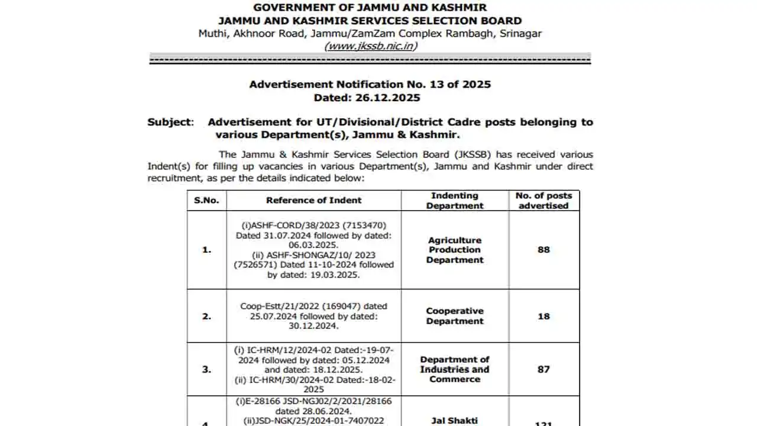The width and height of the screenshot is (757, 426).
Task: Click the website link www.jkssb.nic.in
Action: pos(370,46)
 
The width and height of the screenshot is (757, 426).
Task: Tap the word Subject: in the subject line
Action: pos(170,122)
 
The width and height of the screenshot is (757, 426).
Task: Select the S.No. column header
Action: pos(206,200)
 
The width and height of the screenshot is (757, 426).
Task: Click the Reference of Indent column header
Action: pos(313,200)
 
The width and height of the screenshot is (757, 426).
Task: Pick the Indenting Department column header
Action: pos(455,201)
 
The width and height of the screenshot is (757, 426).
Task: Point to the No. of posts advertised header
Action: pos(544,201)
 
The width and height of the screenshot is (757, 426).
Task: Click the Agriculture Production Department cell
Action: pos(455,250)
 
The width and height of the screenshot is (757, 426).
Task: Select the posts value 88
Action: pos(544,250)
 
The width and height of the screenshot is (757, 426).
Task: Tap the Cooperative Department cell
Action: pos(455,316)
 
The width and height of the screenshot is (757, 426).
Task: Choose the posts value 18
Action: pos(544,316)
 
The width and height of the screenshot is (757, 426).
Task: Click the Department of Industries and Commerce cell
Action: pos(455,369)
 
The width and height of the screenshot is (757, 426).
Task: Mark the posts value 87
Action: pos(544,369)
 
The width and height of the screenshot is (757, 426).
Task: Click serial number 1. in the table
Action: pos(206,250)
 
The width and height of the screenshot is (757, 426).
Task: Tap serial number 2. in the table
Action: pos(206,316)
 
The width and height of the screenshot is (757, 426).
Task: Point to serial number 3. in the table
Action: pos(206,369)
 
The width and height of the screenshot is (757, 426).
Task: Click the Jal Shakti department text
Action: pos(455,421)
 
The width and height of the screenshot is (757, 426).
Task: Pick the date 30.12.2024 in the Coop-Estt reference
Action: pos(313,325)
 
